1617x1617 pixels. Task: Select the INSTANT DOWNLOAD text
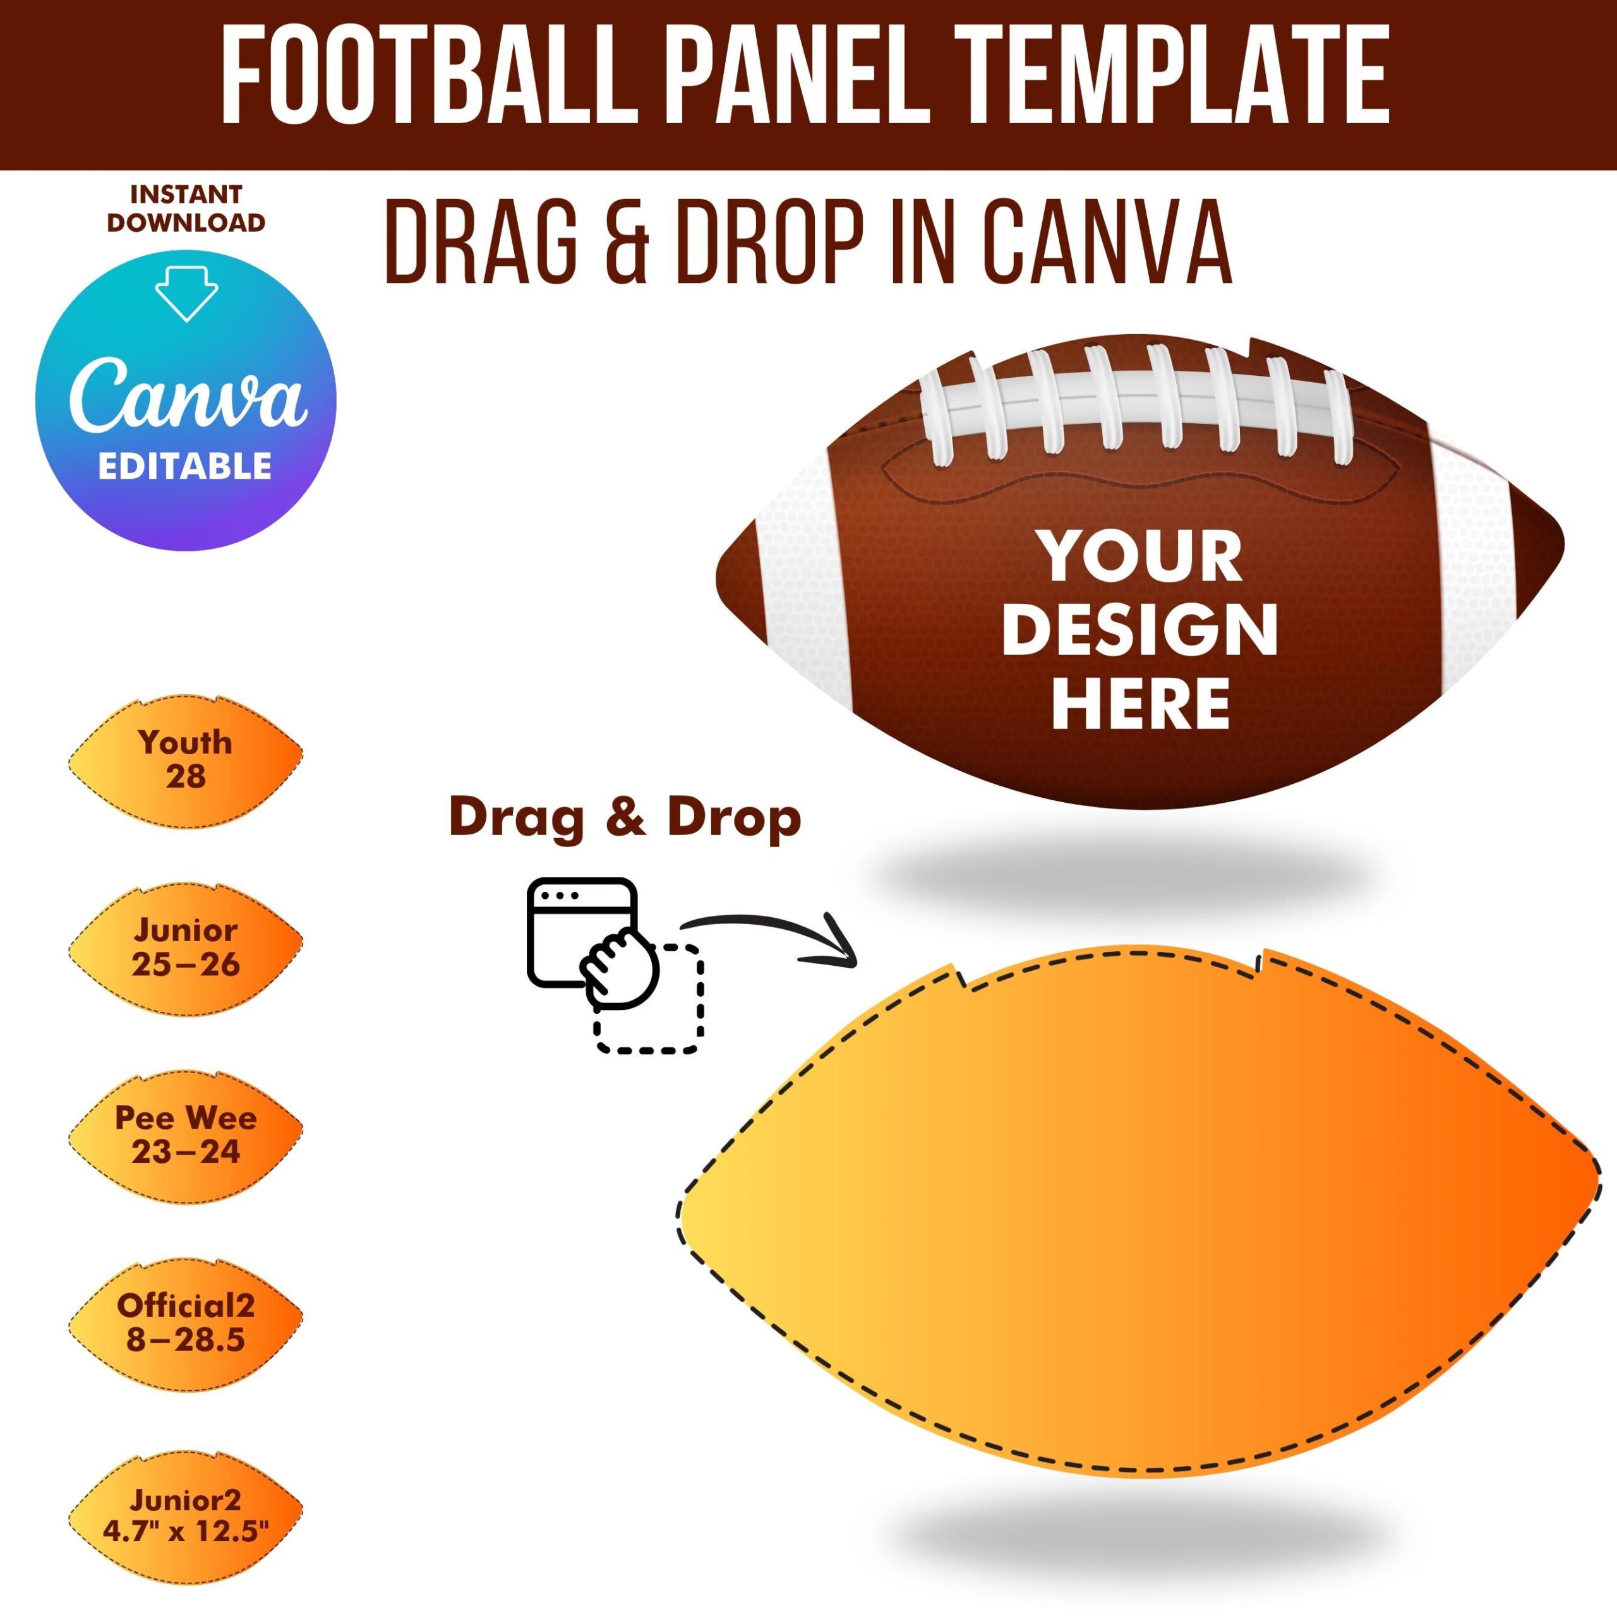click(186, 208)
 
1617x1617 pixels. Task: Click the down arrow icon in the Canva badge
click(186, 293)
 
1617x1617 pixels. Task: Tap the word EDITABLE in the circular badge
click(185, 466)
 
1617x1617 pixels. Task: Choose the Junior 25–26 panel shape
click(185, 947)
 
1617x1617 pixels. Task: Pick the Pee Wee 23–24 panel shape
click(185, 1135)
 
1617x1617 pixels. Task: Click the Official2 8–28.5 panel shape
click(185, 1323)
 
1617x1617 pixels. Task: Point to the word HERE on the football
click(1140, 703)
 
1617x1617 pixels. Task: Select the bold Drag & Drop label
click(624, 818)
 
